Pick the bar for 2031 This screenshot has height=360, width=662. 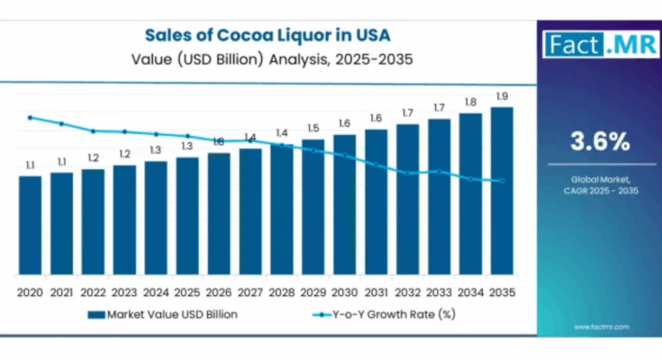pos(376,202)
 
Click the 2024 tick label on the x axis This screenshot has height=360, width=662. pos(156,292)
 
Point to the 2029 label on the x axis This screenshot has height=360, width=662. pos(313,292)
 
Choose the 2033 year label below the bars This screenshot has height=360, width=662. pos(439,292)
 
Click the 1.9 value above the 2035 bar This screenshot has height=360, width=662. pos(502,96)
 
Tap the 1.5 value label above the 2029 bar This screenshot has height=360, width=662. pos(313,128)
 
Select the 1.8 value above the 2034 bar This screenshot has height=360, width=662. pos(470,103)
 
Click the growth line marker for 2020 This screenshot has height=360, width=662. pos(30,117)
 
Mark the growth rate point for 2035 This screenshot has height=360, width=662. pos(502,181)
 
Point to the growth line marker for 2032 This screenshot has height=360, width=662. pos(407,173)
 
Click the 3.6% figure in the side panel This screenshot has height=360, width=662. pos(599,140)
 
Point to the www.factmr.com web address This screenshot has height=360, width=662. pos(599,326)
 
